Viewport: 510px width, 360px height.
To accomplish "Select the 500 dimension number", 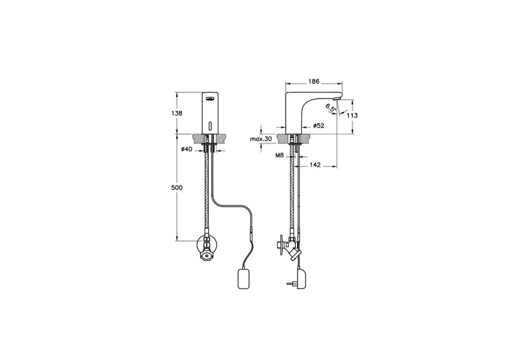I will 177,187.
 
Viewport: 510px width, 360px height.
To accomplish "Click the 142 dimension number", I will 315,165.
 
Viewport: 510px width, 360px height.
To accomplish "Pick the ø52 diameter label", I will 319,126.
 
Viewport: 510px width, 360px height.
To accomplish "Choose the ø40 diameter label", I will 187,149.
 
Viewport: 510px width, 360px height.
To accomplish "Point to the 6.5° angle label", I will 330,109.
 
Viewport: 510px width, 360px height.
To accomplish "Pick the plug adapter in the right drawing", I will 295,276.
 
